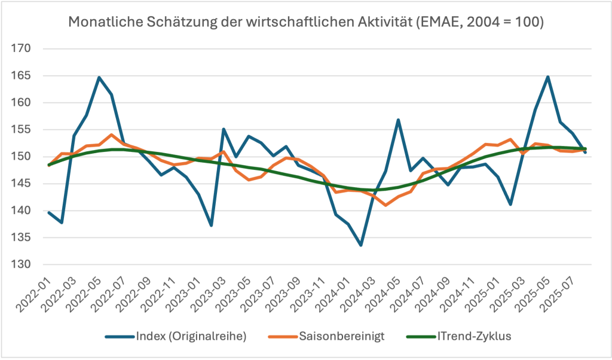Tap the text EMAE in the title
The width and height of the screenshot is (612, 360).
click(451, 23)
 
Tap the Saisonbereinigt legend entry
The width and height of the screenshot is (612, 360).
click(343, 336)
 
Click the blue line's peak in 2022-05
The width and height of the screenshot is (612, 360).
click(99, 77)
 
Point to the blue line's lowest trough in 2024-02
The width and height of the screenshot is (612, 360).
click(361, 245)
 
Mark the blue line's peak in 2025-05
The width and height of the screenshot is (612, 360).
click(548, 77)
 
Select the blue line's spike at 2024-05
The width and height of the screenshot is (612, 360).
click(399, 120)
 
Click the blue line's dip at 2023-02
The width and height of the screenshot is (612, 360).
click(211, 225)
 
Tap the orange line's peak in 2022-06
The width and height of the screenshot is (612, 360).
click(111, 135)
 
